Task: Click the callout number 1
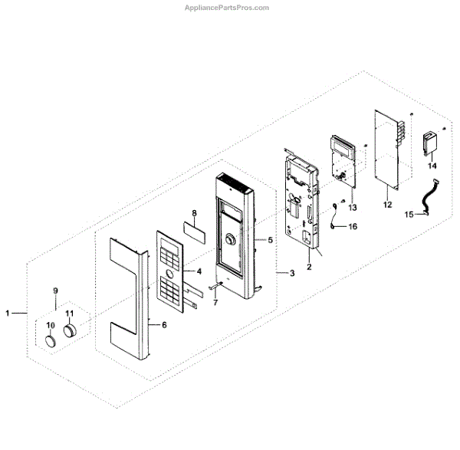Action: tap(8, 313)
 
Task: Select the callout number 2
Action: tap(308, 268)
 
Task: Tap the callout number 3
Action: tap(291, 274)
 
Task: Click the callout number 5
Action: tap(270, 240)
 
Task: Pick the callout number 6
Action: tap(163, 325)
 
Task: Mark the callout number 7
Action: tap(215, 303)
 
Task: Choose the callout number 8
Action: tap(194, 212)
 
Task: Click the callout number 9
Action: tap(55, 291)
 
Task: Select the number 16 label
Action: tap(353, 227)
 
